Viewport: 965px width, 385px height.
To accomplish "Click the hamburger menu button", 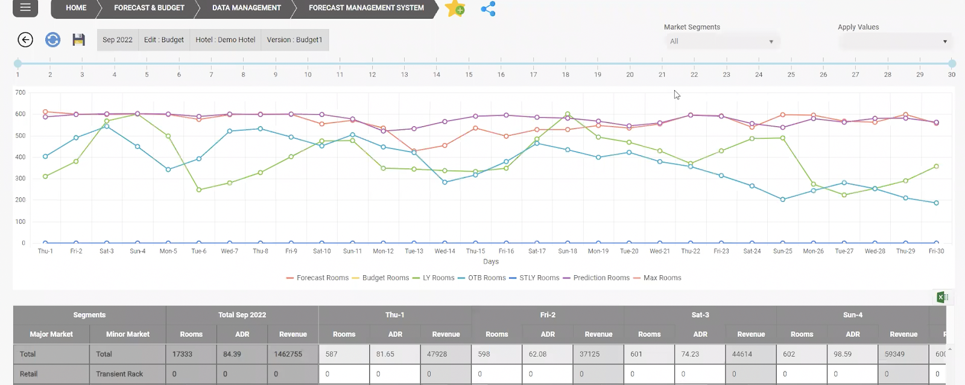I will pyautogui.click(x=25, y=8).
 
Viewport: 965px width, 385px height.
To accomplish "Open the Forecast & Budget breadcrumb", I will pyautogui.click(x=149, y=8).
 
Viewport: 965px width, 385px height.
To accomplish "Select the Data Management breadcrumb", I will pyautogui.click(x=246, y=8).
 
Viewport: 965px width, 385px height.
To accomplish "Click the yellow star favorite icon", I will pyautogui.click(x=455, y=8).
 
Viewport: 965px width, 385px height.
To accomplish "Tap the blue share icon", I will pyautogui.click(x=488, y=8).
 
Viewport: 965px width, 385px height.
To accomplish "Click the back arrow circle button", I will pyautogui.click(x=25, y=40).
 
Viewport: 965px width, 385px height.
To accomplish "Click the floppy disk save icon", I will pyautogui.click(x=78, y=40).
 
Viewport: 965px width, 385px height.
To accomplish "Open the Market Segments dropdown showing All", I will pyautogui.click(x=721, y=42).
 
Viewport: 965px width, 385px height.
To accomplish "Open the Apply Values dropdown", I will pyautogui.click(x=895, y=42).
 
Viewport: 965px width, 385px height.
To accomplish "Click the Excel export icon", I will pyautogui.click(x=942, y=297).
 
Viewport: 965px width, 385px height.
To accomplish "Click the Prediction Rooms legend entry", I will pyautogui.click(x=596, y=278).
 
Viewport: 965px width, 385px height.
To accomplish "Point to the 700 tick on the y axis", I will pyautogui.click(x=21, y=92).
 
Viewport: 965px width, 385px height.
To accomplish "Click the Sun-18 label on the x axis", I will pyautogui.click(x=568, y=251).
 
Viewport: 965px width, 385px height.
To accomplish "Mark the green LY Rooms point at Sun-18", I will pyautogui.click(x=568, y=114).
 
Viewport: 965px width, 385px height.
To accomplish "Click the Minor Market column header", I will pyautogui.click(x=128, y=334).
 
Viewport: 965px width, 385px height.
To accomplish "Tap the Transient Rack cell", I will pyautogui.click(x=119, y=374).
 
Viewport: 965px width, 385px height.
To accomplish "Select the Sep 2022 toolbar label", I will pyautogui.click(x=118, y=40).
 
